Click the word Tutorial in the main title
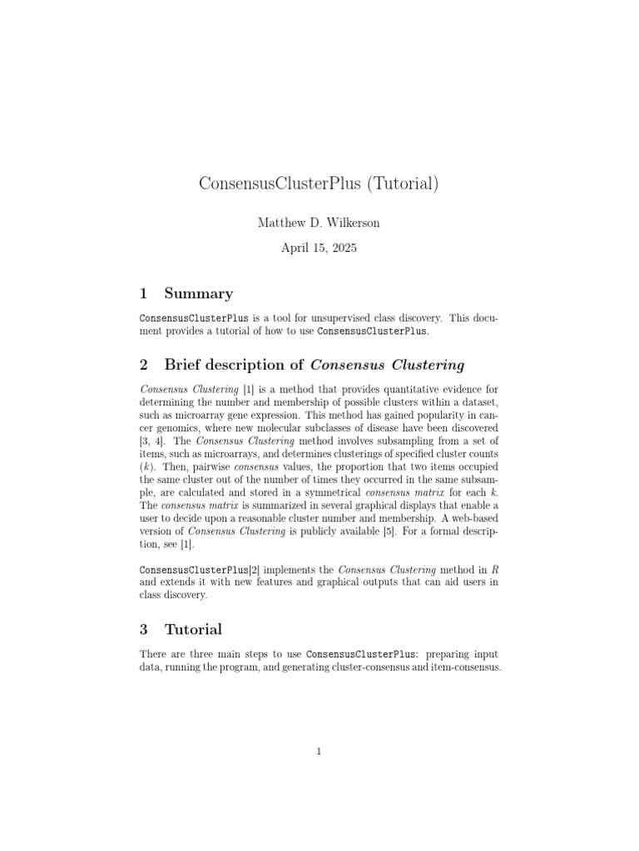pos(403,184)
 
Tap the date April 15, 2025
pos(319,248)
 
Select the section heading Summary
pos(199,293)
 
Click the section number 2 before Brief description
pos(144,364)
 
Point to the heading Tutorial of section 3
pos(193,628)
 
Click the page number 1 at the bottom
pos(319,752)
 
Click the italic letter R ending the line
pos(495,569)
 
